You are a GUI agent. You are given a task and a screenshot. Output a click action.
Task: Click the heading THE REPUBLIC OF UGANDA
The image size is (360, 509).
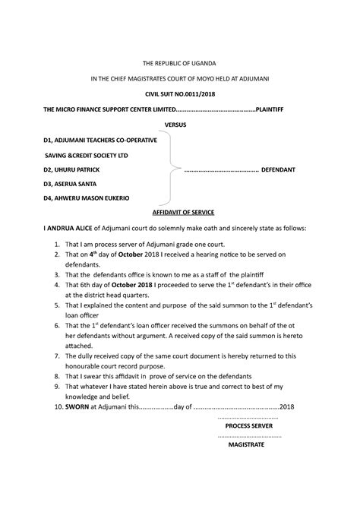[180, 61]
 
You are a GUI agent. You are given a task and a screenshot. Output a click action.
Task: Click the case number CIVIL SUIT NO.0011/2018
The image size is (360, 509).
[180, 93]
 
